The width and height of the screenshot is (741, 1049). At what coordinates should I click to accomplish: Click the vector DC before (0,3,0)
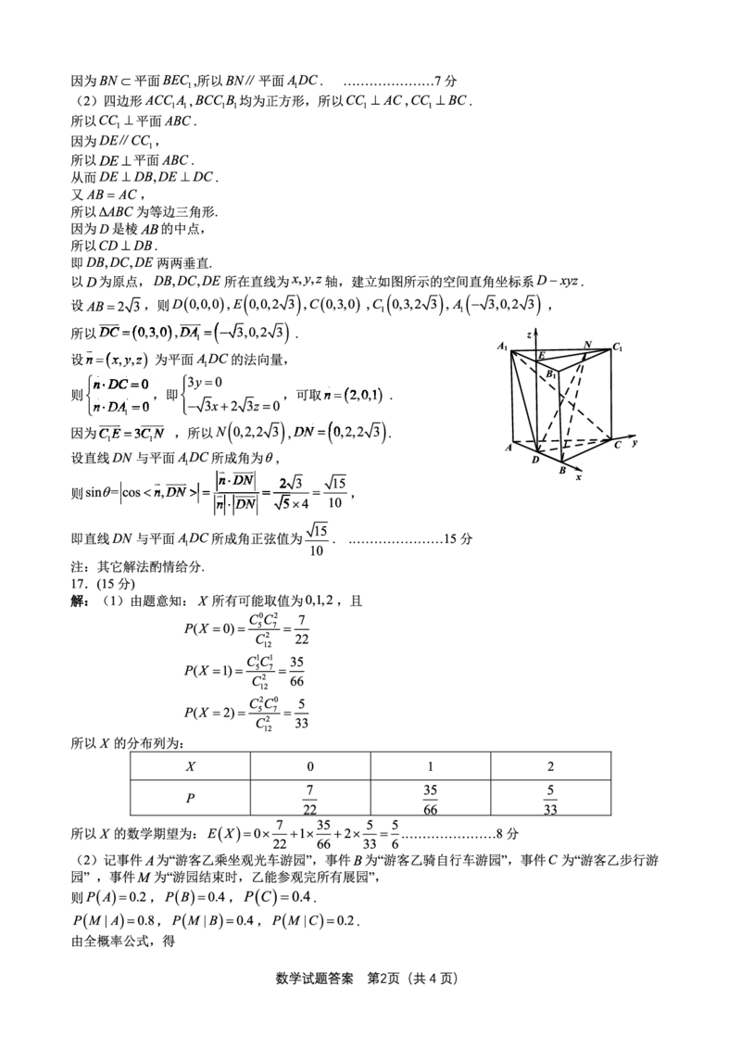(x=109, y=331)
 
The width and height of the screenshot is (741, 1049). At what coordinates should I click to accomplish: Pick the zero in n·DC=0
(x=144, y=383)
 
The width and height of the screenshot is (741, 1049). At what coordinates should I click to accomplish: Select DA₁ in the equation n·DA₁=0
(x=116, y=406)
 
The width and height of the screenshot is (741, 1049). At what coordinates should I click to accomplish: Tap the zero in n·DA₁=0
(x=146, y=406)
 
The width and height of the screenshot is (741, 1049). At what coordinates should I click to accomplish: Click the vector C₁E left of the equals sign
(x=107, y=431)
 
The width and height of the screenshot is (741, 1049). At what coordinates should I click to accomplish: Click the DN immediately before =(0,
(x=304, y=431)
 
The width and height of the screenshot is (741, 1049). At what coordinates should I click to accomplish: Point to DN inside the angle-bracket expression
(x=176, y=491)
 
